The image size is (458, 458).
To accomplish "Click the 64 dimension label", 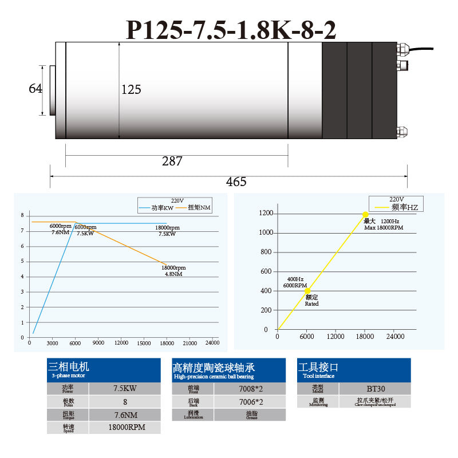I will pos(35,89).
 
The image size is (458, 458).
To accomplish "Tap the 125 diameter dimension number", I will pos(131,90).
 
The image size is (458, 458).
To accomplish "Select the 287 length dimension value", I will pos(172,161).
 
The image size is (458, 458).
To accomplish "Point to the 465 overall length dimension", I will pos(236,182).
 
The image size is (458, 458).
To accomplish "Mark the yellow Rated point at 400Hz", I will pos(307,291).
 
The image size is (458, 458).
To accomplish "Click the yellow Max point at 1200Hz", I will pos(365,215).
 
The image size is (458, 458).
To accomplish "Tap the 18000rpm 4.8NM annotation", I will pos(173,271).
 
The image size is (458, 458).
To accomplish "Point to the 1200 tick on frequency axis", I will pos(266,214).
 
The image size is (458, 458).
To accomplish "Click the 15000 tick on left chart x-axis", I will pos(144,343).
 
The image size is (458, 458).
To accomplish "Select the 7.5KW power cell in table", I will pos(125,388).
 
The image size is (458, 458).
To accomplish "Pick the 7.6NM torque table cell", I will pos(125,414).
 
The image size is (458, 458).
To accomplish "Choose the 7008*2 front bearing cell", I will pos(250,388).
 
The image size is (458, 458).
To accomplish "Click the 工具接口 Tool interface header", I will pos(354,370).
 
